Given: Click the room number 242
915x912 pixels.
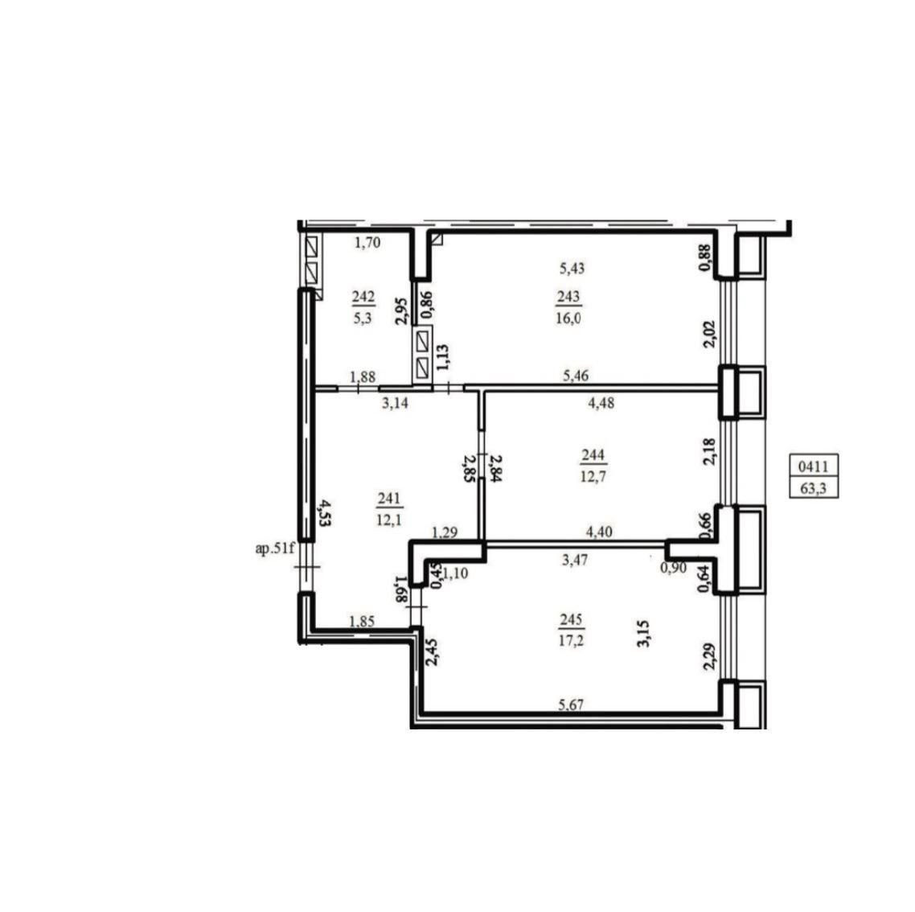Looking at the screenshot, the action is [363, 298].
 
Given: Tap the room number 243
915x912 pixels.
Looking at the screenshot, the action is [568, 297].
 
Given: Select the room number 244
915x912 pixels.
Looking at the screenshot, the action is [593, 455].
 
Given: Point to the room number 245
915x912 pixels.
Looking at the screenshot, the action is [571, 619].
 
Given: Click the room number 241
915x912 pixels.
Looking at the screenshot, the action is [388, 498].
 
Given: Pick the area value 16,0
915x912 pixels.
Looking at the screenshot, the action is [568, 318].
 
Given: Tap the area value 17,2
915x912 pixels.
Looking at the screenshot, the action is [571, 640].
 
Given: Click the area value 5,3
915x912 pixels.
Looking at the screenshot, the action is [363, 318].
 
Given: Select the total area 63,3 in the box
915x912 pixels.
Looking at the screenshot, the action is [814, 488].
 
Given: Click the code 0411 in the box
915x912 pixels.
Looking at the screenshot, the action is [814, 466].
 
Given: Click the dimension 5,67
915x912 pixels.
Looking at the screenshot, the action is [571, 705].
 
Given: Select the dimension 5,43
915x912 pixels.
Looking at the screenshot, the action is [572, 269].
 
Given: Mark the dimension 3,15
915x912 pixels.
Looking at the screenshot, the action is [644, 634].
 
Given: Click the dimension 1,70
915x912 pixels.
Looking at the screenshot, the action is [367, 242].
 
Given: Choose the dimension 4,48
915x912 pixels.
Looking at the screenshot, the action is [601, 403].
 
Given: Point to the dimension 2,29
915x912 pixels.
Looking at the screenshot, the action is [709, 655].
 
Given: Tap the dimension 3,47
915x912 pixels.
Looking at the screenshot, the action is [575, 560].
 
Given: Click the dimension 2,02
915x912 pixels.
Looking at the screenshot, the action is [709, 334].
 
